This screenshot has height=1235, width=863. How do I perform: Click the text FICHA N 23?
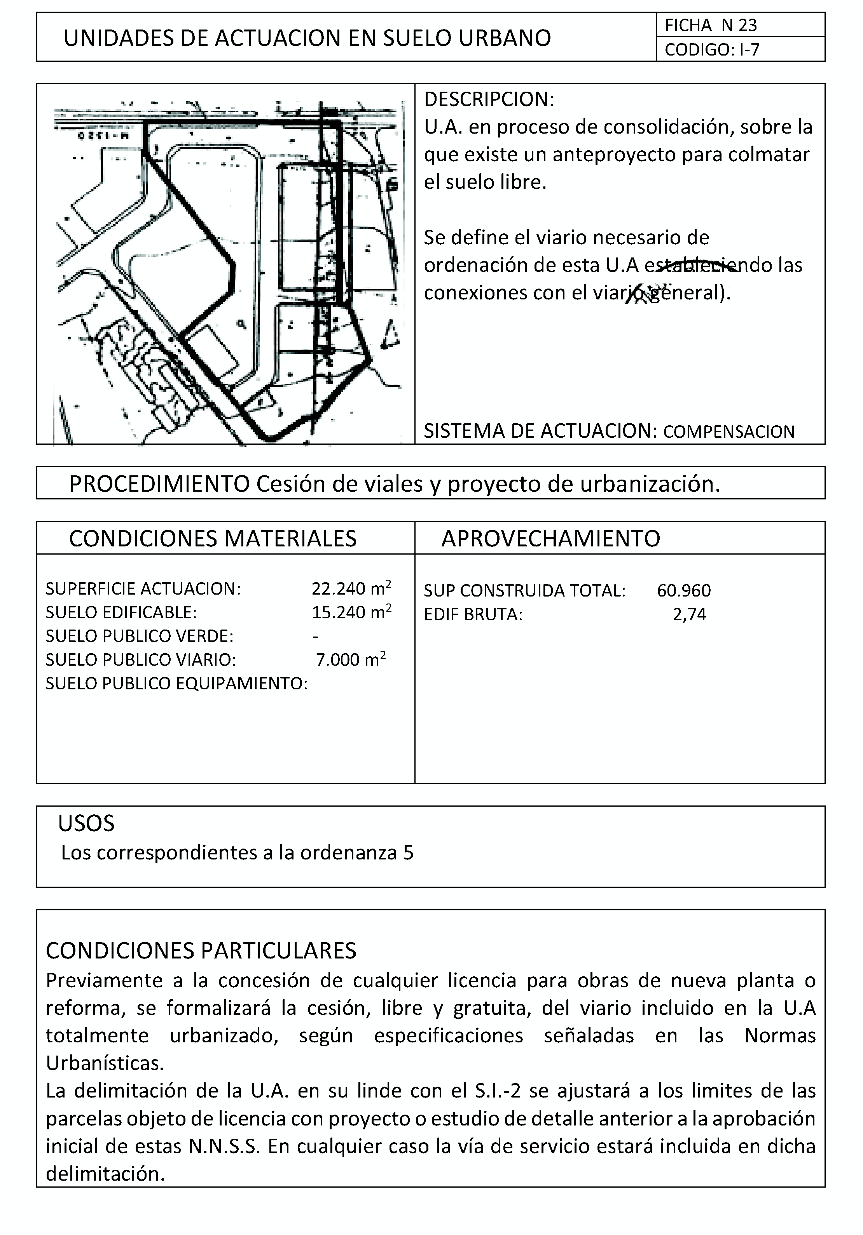click(x=711, y=25)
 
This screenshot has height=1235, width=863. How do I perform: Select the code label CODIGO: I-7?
click(x=712, y=49)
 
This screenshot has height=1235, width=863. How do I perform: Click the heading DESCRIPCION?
click(x=489, y=99)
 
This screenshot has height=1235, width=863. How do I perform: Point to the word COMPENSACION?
click(x=728, y=432)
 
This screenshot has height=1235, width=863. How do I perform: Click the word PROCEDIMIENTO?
click(x=159, y=484)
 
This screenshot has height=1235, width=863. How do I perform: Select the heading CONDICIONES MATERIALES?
click(x=213, y=538)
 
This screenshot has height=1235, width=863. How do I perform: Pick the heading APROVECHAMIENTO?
click(x=551, y=538)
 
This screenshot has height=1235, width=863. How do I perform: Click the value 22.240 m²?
click(x=351, y=588)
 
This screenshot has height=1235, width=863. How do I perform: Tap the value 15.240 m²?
click(x=351, y=612)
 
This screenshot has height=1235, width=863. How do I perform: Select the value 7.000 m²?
click(x=351, y=659)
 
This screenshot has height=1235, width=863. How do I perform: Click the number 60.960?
click(x=684, y=591)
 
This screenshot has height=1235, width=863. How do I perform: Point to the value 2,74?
click(x=689, y=614)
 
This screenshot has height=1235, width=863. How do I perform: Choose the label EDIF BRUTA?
click(x=473, y=614)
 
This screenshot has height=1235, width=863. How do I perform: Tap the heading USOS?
click(x=86, y=823)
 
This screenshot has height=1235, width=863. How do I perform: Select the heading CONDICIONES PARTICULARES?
click(x=201, y=951)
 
